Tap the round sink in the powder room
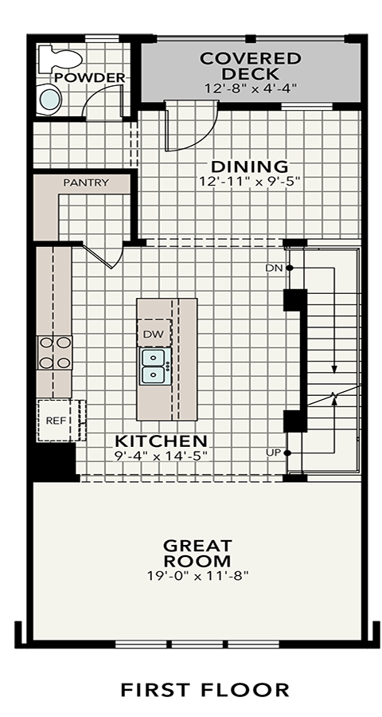[x=49, y=100]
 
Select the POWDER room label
[x=90, y=77]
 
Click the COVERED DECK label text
[x=251, y=66]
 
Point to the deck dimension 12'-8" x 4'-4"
[x=251, y=88]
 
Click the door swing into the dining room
[x=191, y=126]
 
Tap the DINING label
[x=249, y=166]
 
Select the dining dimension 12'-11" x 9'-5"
[x=249, y=181]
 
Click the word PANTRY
[x=87, y=182]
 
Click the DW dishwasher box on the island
[x=154, y=333]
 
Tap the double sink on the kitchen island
[x=155, y=366]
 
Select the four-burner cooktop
[x=55, y=353]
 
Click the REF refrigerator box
[x=57, y=420]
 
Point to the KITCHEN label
[x=161, y=441]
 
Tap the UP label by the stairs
[x=273, y=453]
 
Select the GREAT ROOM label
[x=197, y=553]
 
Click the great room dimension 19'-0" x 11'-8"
[x=197, y=576]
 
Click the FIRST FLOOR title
[x=205, y=690]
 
